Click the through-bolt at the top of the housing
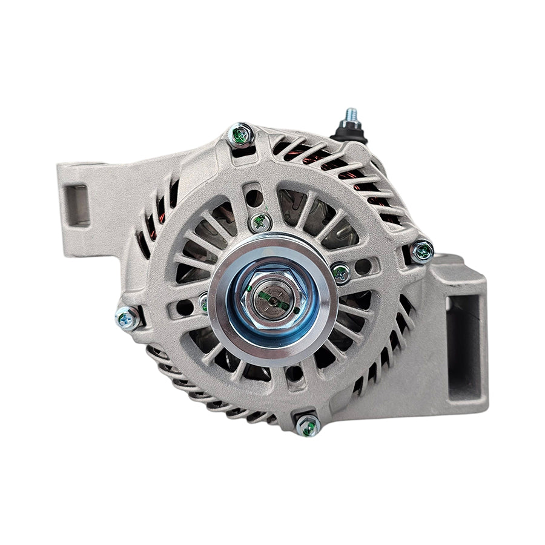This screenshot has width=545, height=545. point(240,135)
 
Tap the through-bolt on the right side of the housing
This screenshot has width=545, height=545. point(422,250)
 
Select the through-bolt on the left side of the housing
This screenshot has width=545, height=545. point(127,317)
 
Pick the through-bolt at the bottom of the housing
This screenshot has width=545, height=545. point(308,425)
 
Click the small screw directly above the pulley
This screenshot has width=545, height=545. point(260,222)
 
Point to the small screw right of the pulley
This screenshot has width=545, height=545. point(341,273)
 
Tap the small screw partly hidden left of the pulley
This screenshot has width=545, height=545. point(205,301)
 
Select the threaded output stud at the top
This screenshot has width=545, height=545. point(351,116)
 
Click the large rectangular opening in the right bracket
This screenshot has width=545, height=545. point(463,345)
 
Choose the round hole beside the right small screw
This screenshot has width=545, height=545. point(363,266)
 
